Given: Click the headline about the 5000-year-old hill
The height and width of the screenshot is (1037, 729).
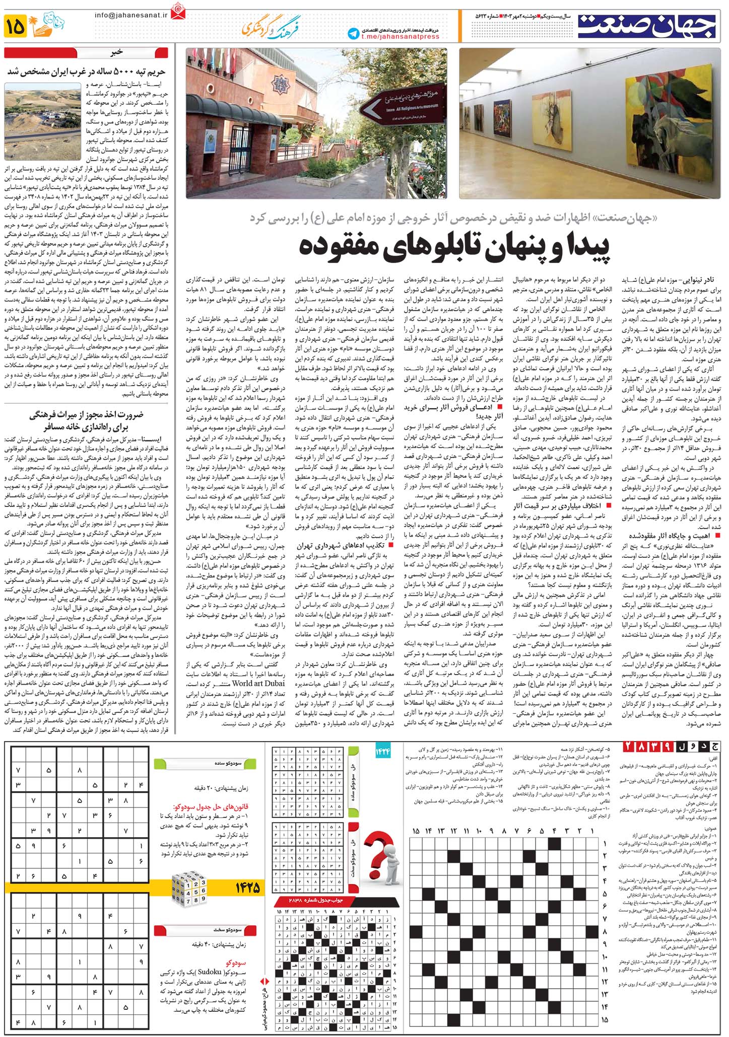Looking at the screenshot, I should [x=89, y=71].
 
